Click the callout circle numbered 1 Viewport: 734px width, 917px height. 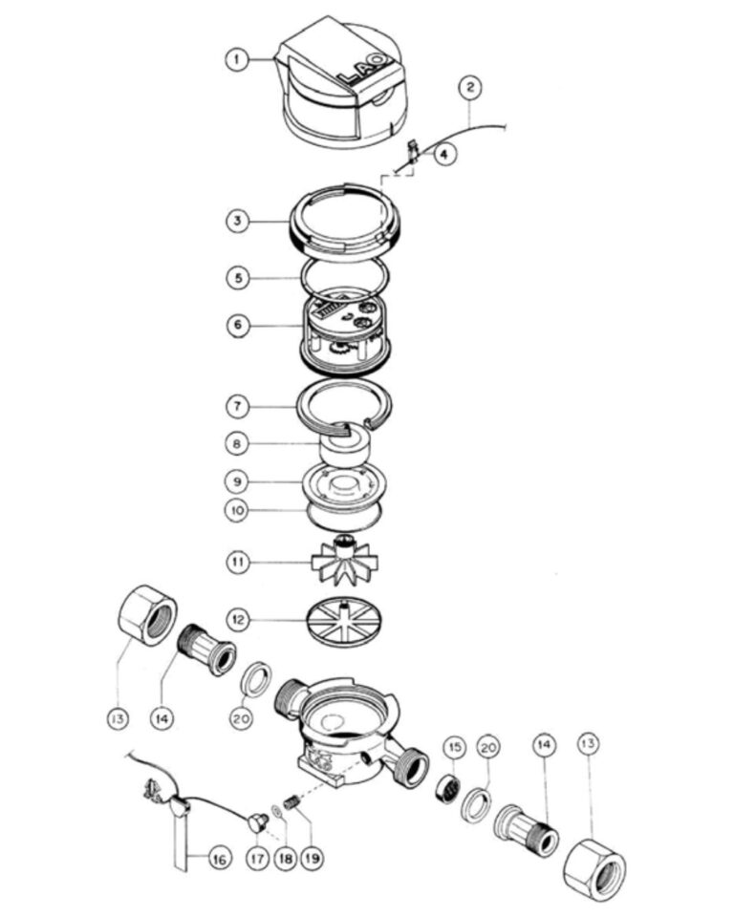click(x=236, y=59)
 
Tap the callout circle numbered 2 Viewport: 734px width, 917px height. click(x=470, y=88)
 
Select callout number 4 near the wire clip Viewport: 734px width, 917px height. click(x=444, y=155)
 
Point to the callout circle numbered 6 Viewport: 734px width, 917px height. click(x=238, y=325)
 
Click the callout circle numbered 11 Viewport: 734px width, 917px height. click(x=238, y=562)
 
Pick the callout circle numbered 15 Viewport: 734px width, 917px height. click(x=455, y=747)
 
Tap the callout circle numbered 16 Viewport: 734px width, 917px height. click(x=219, y=859)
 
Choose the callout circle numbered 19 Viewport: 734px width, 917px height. click(x=312, y=859)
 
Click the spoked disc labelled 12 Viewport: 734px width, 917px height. click(x=346, y=621)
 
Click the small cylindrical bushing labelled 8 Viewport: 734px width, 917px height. click(x=344, y=446)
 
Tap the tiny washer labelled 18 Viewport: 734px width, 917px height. click(x=276, y=811)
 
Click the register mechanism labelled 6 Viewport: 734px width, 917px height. click(x=344, y=334)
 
